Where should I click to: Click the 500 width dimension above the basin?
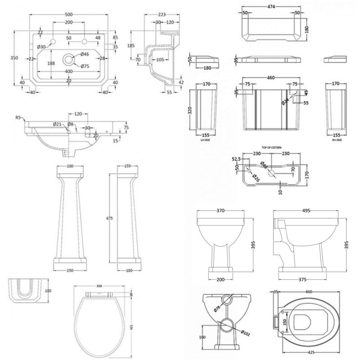[x=68, y=15]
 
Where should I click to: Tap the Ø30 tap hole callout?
[x=41, y=47]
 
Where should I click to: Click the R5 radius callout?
[x=18, y=117]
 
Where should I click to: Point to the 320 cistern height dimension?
[x=191, y=109]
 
